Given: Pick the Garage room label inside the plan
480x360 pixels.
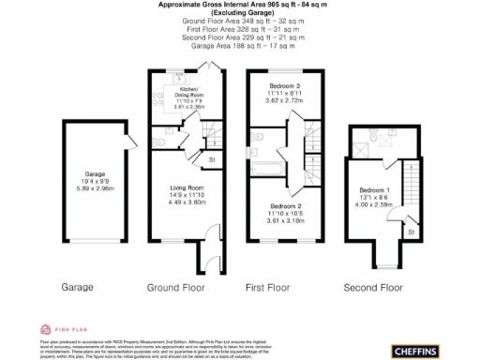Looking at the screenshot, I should (95, 174).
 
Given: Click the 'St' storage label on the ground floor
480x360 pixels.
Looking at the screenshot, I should (212, 160).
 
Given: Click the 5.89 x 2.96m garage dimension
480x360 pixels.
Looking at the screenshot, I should (95, 188).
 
